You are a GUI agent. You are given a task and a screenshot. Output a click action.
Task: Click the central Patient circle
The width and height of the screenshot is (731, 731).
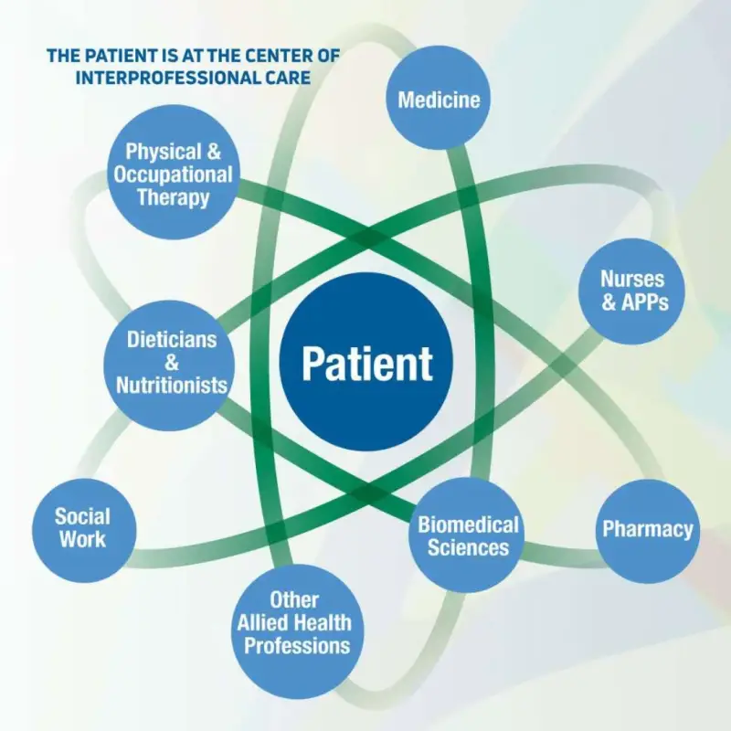pyautogui.click(x=366, y=362)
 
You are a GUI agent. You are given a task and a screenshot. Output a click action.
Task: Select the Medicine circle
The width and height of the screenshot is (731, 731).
pyautogui.click(x=439, y=98)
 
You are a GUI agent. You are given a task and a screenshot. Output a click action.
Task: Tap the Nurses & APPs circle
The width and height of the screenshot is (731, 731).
pyautogui.click(x=631, y=291)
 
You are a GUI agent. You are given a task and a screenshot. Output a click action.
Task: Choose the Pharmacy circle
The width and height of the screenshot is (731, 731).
pyautogui.click(x=648, y=531)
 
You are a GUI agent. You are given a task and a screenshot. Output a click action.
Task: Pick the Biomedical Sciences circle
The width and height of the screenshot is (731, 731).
pyautogui.click(x=467, y=535)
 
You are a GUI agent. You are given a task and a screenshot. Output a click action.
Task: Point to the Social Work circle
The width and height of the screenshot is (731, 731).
pyautogui.click(x=84, y=531)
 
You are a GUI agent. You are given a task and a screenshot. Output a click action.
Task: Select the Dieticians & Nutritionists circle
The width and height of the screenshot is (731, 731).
pyautogui.click(x=169, y=365)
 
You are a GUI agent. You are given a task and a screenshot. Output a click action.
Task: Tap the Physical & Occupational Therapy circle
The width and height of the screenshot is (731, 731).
pyautogui.click(x=173, y=172)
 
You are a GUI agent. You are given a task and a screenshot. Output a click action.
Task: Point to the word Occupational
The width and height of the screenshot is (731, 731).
pyautogui.click(x=173, y=175)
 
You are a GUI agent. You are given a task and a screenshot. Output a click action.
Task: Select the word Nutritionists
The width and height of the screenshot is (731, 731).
pyautogui.click(x=172, y=385)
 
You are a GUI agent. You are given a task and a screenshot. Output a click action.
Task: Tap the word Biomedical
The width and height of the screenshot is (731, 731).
pyautogui.click(x=468, y=524)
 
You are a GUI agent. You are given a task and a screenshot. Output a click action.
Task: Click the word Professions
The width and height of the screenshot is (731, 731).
pyautogui.click(x=297, y=646)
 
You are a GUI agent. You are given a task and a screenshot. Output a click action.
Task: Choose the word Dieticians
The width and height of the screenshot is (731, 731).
pyautogui.click(x=172, y=339)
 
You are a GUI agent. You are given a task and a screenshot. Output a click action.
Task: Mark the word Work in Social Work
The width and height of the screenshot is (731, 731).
pyautogui.click(x=82, y=539)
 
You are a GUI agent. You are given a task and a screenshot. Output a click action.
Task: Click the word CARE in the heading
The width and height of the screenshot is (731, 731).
pyautogui.click(x=290, y=78)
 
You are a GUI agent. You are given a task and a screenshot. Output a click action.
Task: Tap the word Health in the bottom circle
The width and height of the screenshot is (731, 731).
pyautogui.click(x=323, y=623)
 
